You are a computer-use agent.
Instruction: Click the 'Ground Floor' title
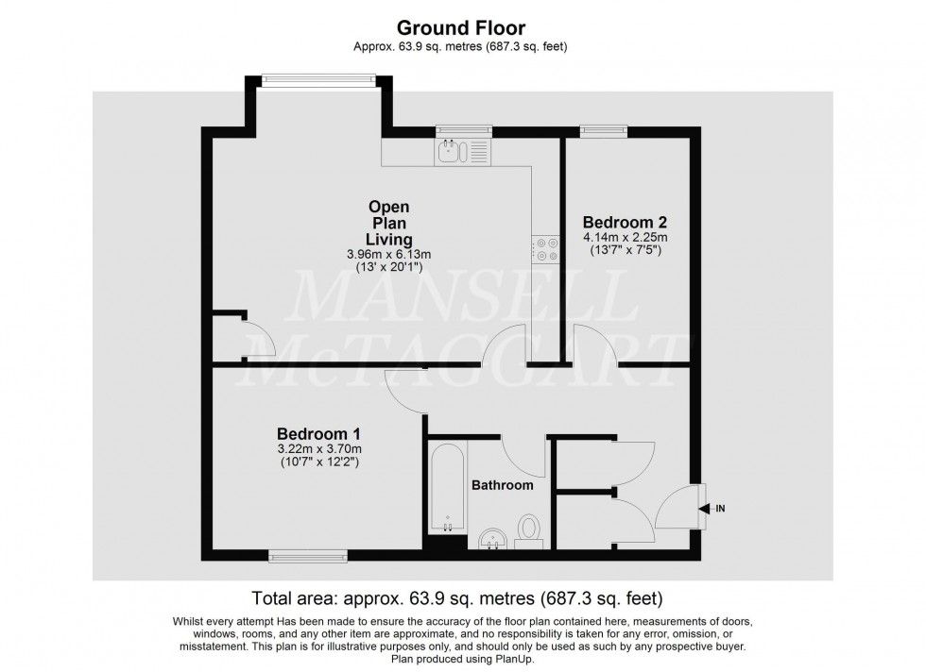(x=462, y=27)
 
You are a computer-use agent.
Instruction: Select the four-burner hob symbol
(x=545, y=248)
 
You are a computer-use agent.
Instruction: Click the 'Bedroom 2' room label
(x=625, y=223)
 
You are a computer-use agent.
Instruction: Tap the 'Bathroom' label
(x=502, y=485)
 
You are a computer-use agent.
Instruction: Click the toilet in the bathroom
(x=529, y=529)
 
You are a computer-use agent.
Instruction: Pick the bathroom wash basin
(x=491, y=539)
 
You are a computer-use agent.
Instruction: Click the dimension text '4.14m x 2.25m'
(x=625, y=239)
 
